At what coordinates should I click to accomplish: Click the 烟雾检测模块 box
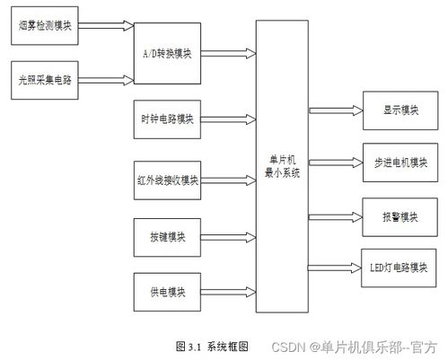point(45,26)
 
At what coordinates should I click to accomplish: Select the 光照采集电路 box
point(45,80)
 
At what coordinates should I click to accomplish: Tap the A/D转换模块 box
point(167,53)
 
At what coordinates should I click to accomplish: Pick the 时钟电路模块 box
point(167,119)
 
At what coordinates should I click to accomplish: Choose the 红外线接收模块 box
point(167,180)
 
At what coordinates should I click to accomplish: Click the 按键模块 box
point(167,238)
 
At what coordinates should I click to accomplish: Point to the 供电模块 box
point(167,292)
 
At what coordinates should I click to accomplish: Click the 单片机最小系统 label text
point(282,166)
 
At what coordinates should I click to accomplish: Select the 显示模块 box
point(400,110)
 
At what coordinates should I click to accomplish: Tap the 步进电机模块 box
point(400,162)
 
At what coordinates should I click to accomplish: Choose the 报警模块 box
point(400,217)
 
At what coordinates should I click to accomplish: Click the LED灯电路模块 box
point(399,268)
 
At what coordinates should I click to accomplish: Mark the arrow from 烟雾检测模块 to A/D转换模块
point(106,26)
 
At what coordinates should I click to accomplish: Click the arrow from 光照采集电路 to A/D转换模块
point(106,80)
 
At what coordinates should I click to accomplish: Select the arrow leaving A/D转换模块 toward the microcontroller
point(228,53)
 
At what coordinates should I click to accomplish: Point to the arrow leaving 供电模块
point(228,292)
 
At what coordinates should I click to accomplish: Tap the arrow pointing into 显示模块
point(336,110)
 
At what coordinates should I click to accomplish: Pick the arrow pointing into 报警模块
point(336,217)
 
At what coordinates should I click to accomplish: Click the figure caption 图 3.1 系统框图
point(212,347)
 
